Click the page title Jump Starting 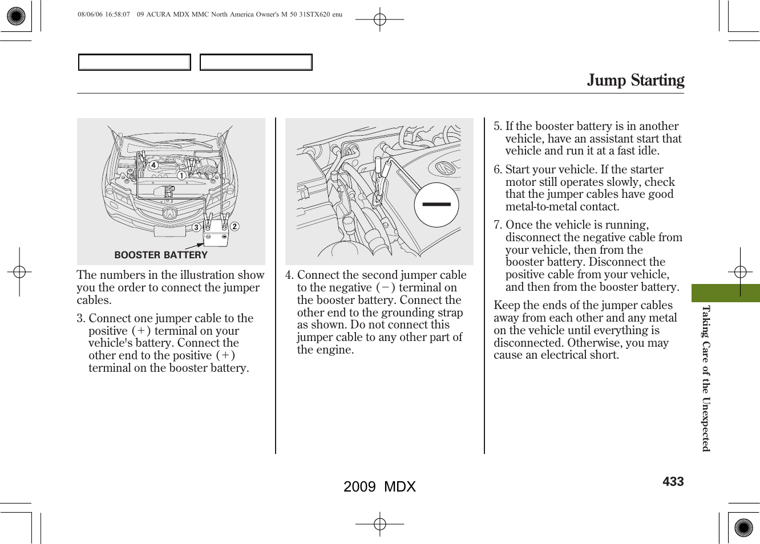coord(635,80)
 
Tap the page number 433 coord(673,482)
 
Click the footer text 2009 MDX coord(379,486)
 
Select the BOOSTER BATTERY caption coord(161,255)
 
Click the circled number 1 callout coord(181,176)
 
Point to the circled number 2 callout coord(234,226)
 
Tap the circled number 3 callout coord(196,228)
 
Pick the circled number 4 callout coord(153,165)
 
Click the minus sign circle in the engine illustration coord(436,204)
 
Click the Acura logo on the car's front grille coord(169,214)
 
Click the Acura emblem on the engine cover coord(444,168)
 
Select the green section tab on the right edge coord(725,293)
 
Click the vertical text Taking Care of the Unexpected coord(706,378)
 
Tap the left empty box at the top coord(135,62)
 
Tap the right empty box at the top coord(256,62)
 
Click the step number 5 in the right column coord(497,127)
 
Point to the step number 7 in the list coord(497,225)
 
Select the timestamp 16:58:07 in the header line coord(116,15)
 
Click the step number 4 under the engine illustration coord(289,275)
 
